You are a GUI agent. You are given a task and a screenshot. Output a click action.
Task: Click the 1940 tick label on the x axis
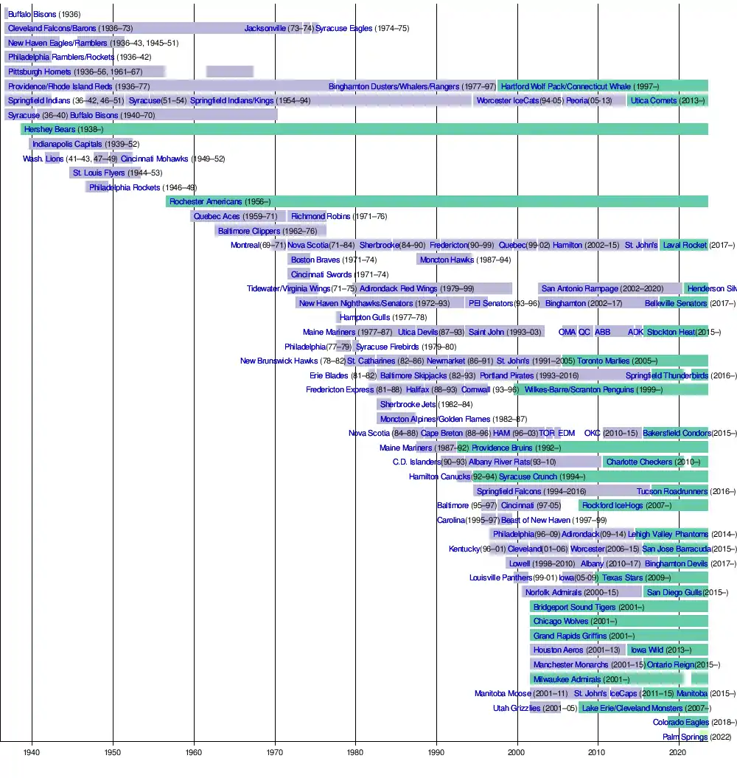coord(31,753)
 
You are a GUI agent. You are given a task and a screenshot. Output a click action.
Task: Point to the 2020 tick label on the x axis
coord(678,753)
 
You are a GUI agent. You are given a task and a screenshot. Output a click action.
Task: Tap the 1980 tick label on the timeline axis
coord(355,753)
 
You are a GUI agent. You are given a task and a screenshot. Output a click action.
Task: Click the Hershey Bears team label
coord(49,130)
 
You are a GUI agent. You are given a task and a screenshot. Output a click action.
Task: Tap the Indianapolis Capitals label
coord(67,144)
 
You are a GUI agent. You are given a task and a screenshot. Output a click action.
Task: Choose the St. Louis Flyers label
coord(99,173)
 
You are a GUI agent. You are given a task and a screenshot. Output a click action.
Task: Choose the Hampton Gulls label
coord(365,317)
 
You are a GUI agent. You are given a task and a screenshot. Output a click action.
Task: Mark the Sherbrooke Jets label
coord(408,404)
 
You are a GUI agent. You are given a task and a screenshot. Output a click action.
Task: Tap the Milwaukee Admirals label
coord(567,679)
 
